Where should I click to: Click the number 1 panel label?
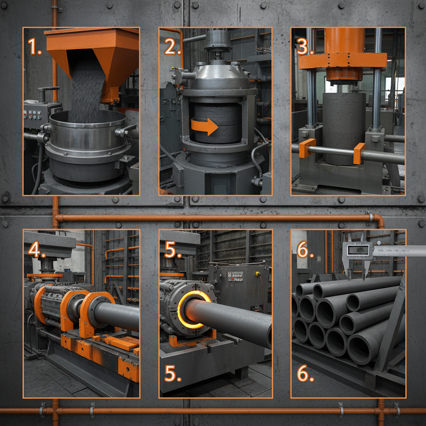coord(35,46)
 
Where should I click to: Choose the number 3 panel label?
coord(305,46)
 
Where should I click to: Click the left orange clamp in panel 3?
coord(307,148)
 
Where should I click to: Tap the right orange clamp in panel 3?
coord(359,153)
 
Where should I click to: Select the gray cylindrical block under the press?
coord(344,125)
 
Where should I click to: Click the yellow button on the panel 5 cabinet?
coord(258,274)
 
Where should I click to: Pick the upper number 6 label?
coord(305,250)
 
